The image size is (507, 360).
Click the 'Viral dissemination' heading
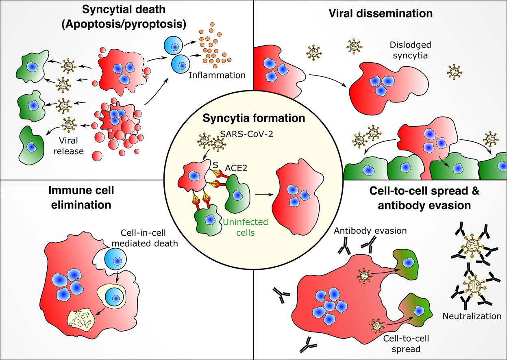[x=380, y=13]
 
